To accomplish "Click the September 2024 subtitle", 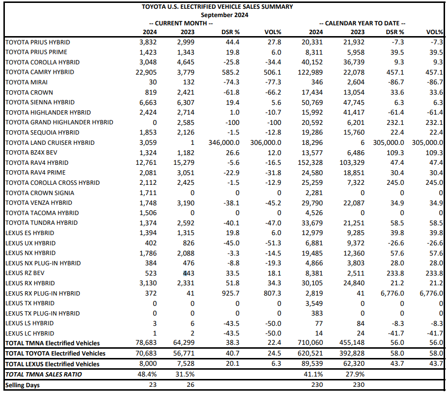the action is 224,15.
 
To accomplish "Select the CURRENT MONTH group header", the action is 181,23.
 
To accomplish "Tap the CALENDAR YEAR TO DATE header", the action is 362,23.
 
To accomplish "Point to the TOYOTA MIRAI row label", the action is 26,82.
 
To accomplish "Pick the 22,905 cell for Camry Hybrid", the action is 146,72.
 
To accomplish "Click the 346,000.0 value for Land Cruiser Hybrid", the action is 224,142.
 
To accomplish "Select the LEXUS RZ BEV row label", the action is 25,273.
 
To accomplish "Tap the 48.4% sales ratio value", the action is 147,374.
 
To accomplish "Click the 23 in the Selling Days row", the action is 153,385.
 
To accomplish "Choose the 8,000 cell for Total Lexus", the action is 148,364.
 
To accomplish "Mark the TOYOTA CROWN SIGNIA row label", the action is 39,193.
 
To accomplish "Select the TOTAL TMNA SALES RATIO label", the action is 43,375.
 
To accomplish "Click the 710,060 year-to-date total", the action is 310,342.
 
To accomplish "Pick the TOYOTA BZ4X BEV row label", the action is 31,153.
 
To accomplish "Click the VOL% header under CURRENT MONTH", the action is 273,32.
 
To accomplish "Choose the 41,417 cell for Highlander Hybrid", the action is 354,112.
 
